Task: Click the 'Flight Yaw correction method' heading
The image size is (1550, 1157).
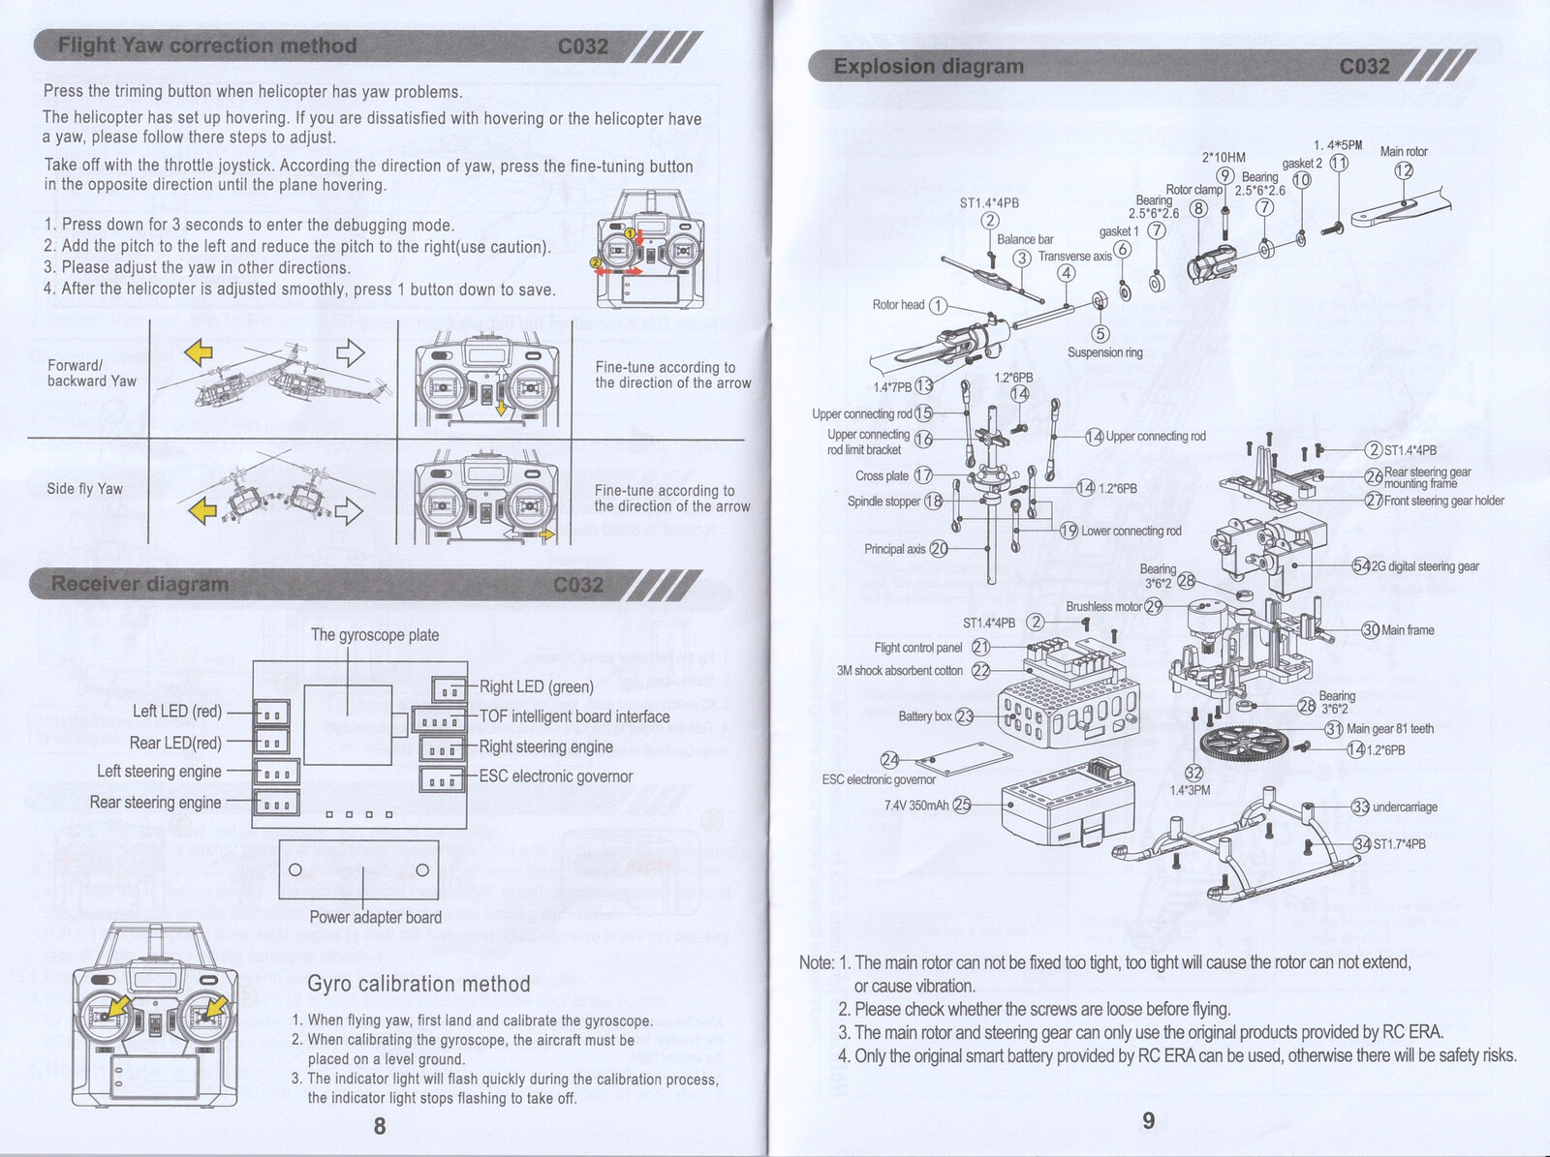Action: point(207,46)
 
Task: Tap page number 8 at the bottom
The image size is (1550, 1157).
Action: point(380,1125)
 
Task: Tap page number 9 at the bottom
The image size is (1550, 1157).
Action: point(1149,1120)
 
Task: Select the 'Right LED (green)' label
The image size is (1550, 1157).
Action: point(536,686)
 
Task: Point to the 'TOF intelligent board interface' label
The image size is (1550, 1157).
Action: point(574,716)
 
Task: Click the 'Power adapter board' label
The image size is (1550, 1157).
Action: point(375,917)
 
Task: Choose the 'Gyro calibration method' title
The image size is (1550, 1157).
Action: point(418,984)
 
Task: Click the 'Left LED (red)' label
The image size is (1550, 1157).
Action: point(177,712)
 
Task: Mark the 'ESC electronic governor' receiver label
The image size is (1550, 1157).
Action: point(555,776)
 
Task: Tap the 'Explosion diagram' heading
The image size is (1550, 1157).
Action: point(928,67)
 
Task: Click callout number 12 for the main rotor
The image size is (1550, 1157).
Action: point(1403,170)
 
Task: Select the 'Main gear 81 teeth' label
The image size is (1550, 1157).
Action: point(1389,729)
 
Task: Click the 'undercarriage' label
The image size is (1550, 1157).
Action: point(1405,807)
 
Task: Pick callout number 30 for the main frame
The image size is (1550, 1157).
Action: point(1371,630)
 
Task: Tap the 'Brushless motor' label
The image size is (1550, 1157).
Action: point(1103,607)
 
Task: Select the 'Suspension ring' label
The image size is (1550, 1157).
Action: point(1104,352)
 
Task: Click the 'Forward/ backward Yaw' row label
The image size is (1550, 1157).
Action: point(92,373)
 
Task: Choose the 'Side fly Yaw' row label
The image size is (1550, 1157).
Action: point(85,489)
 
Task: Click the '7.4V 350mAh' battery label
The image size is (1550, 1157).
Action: point(916,805)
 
